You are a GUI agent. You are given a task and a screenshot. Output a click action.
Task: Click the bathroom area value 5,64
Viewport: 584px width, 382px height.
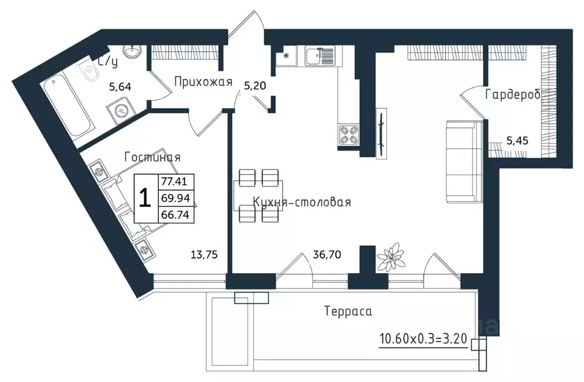120,87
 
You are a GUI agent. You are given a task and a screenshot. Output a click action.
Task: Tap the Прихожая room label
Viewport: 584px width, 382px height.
203,82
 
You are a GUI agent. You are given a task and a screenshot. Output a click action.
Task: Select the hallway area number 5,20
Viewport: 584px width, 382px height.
255,86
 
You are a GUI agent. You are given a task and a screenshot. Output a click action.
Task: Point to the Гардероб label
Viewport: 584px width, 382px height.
513,95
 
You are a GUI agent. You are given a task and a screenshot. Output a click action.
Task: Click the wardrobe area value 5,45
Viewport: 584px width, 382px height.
517,141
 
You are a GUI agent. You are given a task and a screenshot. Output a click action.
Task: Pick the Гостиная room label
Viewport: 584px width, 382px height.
152,157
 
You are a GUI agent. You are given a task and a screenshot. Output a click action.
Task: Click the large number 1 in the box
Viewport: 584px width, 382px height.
145,198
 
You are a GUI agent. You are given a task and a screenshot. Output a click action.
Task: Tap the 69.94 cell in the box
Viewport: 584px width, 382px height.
176,198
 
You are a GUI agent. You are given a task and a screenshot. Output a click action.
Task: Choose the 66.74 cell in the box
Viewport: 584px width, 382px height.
176,214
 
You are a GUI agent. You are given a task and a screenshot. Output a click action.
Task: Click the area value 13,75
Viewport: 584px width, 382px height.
204,255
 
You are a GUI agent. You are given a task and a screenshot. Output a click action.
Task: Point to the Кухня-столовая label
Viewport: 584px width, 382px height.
302,202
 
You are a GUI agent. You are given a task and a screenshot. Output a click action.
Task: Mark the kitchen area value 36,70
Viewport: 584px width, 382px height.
327,255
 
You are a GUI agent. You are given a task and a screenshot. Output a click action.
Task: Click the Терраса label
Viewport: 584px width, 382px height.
348,311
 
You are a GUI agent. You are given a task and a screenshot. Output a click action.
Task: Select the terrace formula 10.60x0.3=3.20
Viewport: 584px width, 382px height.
423,339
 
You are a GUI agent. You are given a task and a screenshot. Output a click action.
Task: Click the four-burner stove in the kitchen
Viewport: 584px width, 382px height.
349,135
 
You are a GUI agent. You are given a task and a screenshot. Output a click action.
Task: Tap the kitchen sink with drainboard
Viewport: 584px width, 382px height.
320,56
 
